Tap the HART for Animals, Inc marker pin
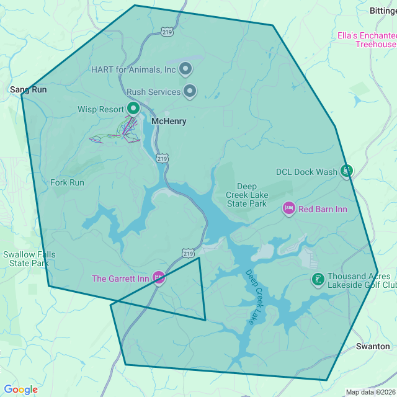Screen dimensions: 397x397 (185, 68)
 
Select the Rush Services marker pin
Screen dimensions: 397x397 (190, 92)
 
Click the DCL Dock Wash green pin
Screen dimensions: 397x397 (347, 171)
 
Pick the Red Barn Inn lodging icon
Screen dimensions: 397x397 (288, 208)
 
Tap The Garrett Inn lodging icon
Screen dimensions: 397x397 (159, 278)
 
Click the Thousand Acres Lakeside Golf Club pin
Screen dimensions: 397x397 (318, 280)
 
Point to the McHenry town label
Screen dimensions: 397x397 (169, 122)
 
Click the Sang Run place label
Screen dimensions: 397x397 (29, 90)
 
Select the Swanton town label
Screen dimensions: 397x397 (373, 346)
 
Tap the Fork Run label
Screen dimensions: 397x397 (67, 182)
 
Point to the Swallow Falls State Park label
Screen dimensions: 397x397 (29, 259)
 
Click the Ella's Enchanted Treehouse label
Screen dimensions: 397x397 (367, 40)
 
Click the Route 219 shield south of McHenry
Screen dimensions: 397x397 (161, 158)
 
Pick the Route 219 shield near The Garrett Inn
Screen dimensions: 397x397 (188, 253)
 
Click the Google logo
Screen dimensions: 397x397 (20, 390)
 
